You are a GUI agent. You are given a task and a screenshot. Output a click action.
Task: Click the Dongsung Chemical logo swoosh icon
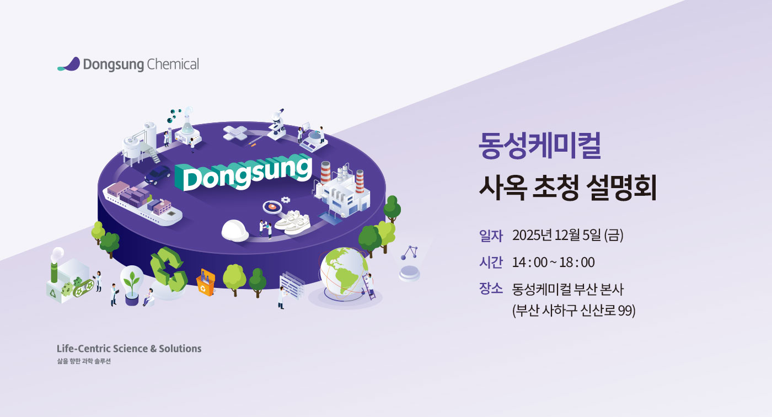(x=69, y=64)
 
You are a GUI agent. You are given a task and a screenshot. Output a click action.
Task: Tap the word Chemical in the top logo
(x=173, y=64)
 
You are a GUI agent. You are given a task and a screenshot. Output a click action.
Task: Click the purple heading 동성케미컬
(x=540, y=146)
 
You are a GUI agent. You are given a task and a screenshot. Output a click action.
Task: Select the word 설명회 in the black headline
(x=621, y=188)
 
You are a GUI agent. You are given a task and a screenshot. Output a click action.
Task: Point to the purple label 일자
(x=491, y=236)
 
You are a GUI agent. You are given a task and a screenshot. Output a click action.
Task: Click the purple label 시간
(x=491, y=262)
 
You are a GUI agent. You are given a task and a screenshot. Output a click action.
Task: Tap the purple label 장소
(x=491, y=289)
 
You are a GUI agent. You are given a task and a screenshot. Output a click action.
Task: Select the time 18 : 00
(x=577, y=263)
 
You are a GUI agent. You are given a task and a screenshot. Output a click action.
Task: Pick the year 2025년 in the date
(x=532, y=236)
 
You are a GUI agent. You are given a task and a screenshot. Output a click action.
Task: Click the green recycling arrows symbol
(x=168, y=269)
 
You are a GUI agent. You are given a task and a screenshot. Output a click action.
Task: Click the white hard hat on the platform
(x=235, y=230)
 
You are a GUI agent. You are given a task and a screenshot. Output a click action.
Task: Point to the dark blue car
(x=157, y=175)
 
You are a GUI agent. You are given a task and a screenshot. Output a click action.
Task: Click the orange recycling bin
(x=206, y=282)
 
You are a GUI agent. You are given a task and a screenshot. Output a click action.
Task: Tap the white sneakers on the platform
(x=293, y=222)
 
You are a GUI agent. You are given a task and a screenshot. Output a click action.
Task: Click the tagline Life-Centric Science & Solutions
(x=129, y=349)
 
